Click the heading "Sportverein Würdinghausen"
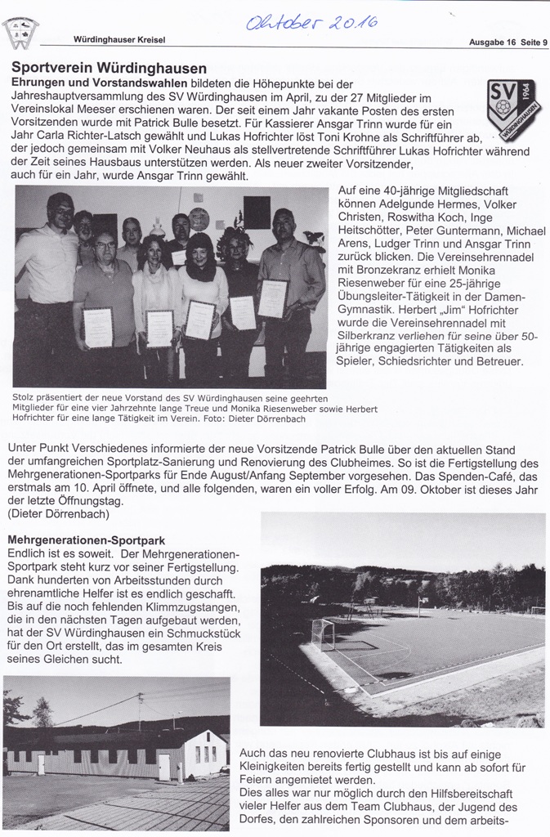[109, 69]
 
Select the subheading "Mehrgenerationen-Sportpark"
[86, 540]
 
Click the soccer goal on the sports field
[323, 633]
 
